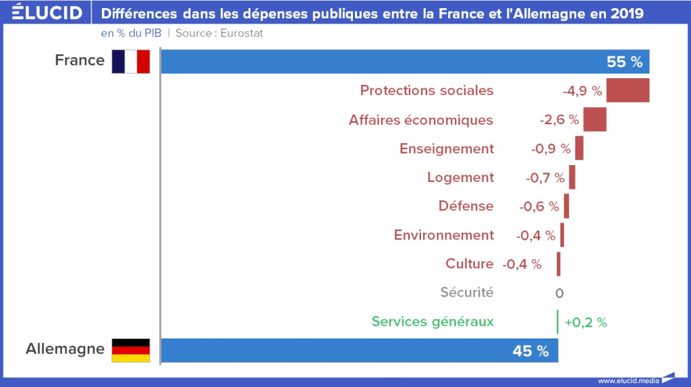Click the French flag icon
130,61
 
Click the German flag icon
130,350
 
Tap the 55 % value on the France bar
624,61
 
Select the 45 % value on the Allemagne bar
530,351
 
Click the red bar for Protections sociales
628,90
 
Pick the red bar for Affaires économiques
595,119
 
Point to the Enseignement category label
447,148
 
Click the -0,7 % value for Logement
545,178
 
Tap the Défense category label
466,206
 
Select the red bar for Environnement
562,235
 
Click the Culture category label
470,264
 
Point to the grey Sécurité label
467,293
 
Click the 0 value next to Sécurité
559,293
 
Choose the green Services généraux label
433,322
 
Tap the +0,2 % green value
586,322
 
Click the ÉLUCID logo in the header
47,13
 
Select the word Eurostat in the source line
242,34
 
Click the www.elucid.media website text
628,380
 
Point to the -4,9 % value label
582,91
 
